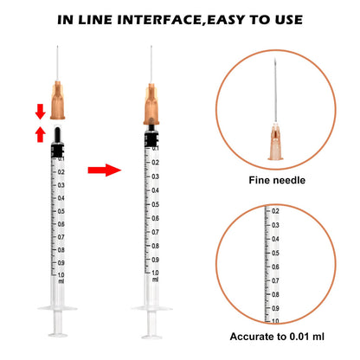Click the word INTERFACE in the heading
tap(159, 20)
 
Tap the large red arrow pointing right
tap(105, 170)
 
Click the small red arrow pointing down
tap(41, 112)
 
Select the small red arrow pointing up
tap(41, 134)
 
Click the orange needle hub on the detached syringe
tap(57, 100)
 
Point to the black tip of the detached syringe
tap(57, 134)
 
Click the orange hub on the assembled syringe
tap(151, 104)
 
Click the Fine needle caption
tap(277, 180)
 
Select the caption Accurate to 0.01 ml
tap(277, 337)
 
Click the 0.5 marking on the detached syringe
tap(61, 211)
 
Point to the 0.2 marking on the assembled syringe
tap(155, 163)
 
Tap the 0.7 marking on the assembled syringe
tap(155, 232)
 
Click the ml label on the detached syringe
tap(61, 281)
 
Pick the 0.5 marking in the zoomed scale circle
tap(275, 253)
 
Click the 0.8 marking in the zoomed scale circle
tap(275, 294)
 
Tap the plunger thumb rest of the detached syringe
tap(58, 335)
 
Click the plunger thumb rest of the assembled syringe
tap(151, 337)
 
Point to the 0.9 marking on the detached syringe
tap(61, 263)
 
